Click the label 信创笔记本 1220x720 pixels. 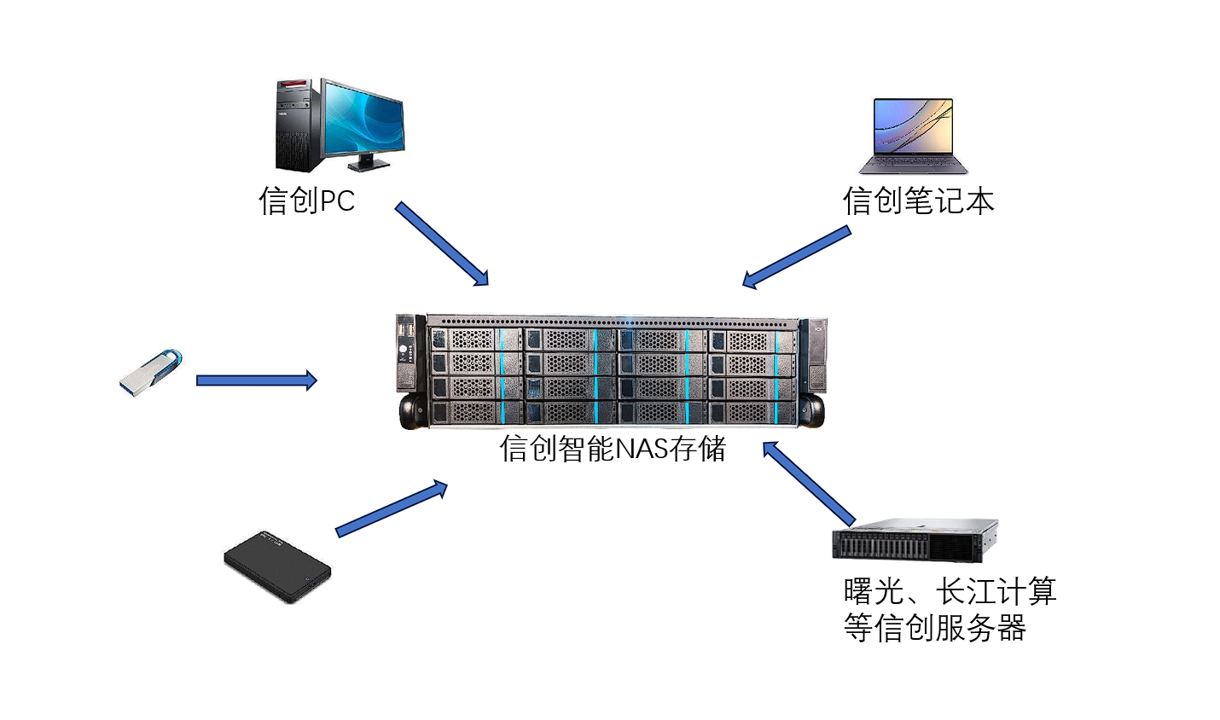click(919, 201)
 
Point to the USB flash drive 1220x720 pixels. click(151, 373)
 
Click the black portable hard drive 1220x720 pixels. click(277, 566)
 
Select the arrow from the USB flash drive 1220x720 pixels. click(256, 380)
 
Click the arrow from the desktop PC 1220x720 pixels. click(441, 243)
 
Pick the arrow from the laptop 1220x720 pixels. click(797, 256)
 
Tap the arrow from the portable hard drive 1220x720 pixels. click(392, 508)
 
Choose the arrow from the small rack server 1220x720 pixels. click(808, 483)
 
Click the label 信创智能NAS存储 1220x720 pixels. click(613, 449)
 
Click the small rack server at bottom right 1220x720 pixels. click(915, 540)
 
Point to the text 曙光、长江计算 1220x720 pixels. click(950, 591)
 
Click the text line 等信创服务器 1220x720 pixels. click(934, 629)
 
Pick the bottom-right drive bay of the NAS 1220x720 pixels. click(752, 413)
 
